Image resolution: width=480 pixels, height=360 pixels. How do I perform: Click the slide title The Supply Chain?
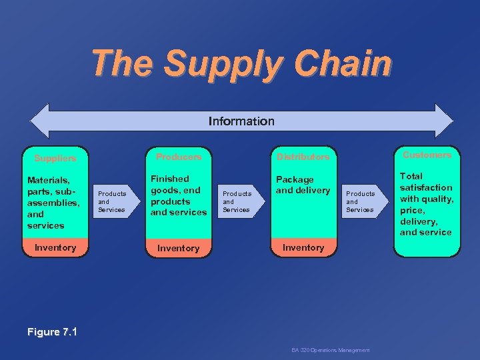(241, 64)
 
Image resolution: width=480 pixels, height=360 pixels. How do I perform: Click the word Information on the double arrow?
(241, 121)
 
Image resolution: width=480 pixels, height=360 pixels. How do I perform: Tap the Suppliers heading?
(55, 159)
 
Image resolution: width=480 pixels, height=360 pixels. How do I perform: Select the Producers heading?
(178, 157)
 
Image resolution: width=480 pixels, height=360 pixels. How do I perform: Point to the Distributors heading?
(303, 157)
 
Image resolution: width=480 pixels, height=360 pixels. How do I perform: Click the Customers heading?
(427, 155)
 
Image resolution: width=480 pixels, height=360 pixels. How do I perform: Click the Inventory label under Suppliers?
(55, 247)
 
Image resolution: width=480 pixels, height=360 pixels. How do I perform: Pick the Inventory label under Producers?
(178, 248)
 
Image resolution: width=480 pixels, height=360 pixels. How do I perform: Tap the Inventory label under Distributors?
(303, 247)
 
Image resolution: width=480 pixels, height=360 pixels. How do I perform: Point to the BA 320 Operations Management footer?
(331, 350)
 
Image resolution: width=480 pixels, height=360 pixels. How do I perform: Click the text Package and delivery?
(303, 185)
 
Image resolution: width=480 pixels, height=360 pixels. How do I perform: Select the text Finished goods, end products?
(178, 190)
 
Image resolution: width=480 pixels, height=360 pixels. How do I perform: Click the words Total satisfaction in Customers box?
(425, 182)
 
